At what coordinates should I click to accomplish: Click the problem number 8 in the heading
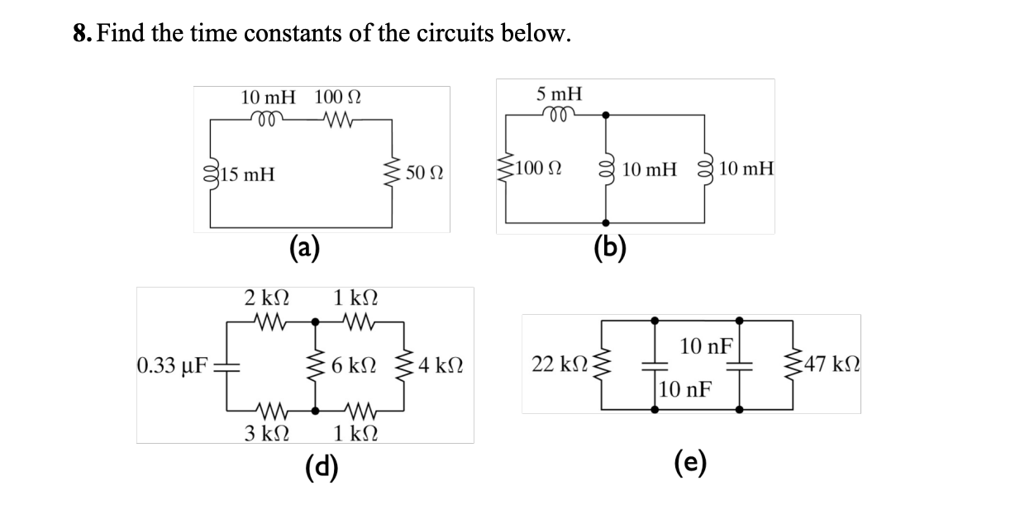click(80, 34)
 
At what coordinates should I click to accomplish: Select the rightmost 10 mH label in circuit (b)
click(746, 169)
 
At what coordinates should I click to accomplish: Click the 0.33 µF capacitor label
click(172, 364)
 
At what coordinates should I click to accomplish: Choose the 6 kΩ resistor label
click(354, 364)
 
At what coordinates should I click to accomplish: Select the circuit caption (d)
click(319, 466)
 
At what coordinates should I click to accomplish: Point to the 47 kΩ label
click(834, 364)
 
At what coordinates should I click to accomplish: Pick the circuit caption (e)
click(693, 466)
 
